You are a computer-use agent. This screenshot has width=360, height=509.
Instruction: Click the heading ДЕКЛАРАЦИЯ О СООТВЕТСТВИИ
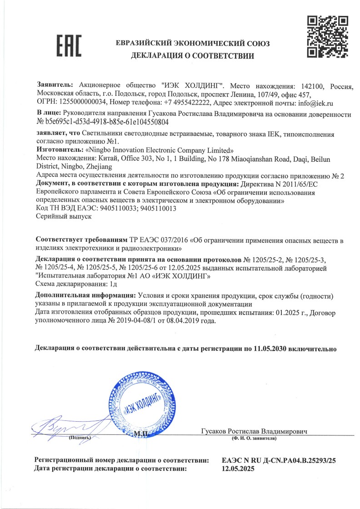click(193, 56)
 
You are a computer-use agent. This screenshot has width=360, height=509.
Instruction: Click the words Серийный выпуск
click(64, 217)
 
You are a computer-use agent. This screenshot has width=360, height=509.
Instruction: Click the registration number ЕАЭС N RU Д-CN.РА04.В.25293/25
click(278, 460)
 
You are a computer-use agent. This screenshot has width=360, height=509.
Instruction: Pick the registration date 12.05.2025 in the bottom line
click(236, 468)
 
